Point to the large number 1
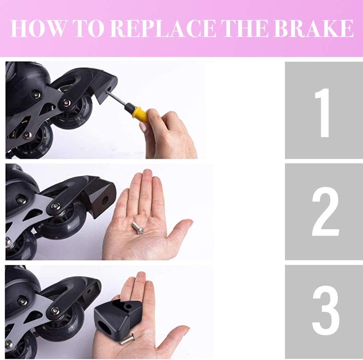(x=323, y=112)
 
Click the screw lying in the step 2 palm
(x=138, y=228)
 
